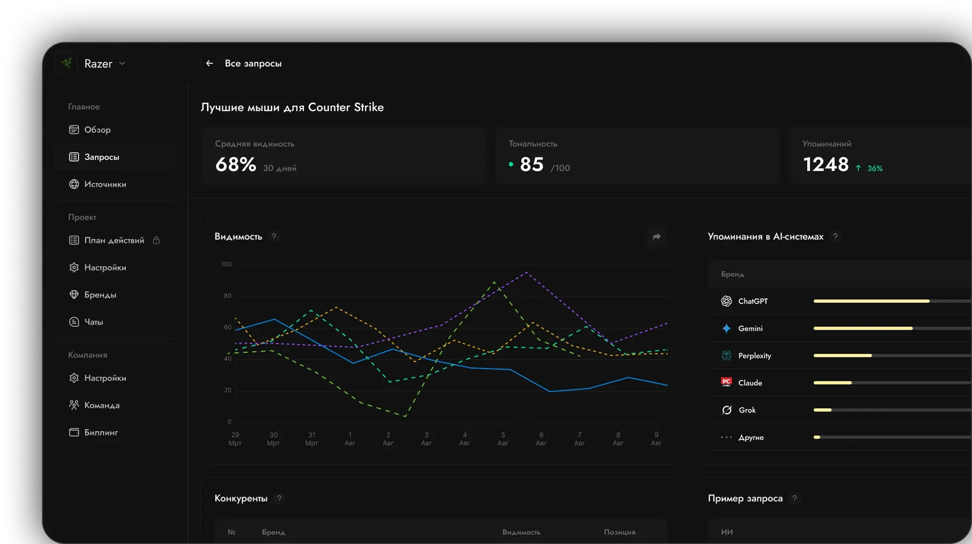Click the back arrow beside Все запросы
[210, 63]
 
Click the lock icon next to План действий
[156, 241]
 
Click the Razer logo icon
[67, 63]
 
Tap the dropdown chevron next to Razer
[122, 63]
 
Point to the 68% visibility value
[236, 165]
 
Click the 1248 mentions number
[826, 165]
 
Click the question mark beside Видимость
[274, 237]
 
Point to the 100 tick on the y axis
[226, 264]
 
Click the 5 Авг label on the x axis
[503, 439]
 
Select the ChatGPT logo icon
[727, 301]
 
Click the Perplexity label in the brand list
[755, 356]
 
